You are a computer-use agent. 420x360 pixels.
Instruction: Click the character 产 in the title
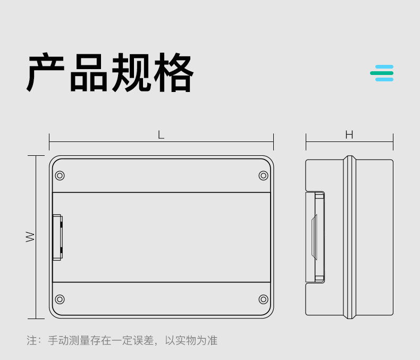click(x=46, y=73)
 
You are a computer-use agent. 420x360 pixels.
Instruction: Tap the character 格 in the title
click(x=173, y=73)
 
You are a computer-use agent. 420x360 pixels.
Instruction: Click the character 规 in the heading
click(x=131, y=73)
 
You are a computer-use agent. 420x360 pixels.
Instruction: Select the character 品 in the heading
click(x=89, y=73)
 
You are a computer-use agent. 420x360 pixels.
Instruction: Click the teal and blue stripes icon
click(x=382, y=73)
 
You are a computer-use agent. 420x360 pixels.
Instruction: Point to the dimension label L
click(x=161, y=135)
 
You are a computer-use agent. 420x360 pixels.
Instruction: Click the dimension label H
click(x=349, y=135)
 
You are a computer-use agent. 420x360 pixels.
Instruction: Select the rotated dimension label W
click(x=31, y=237)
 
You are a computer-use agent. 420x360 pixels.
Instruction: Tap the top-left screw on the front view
click(x=60, y=175)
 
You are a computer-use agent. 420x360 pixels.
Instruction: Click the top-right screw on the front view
click(x=263, y=175)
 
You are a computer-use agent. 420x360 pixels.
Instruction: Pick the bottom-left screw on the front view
click(x=60, y=299)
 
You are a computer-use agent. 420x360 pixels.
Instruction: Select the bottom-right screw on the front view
click(x=263, y=299)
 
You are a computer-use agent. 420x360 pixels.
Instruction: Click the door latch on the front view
click(x=57, y=237)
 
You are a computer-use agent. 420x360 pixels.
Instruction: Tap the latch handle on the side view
click(x=315, y=237)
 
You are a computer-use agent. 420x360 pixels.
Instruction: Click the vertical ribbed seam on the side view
click(x=349, y=237)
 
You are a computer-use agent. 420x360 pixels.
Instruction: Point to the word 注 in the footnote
click(x=32, y=340)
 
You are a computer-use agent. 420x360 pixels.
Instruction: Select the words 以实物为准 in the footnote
click(x=191, y=340)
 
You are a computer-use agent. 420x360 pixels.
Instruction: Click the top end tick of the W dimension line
click(x=36, y=156)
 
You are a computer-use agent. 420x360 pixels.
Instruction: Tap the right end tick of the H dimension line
click(x=393, y=141)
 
